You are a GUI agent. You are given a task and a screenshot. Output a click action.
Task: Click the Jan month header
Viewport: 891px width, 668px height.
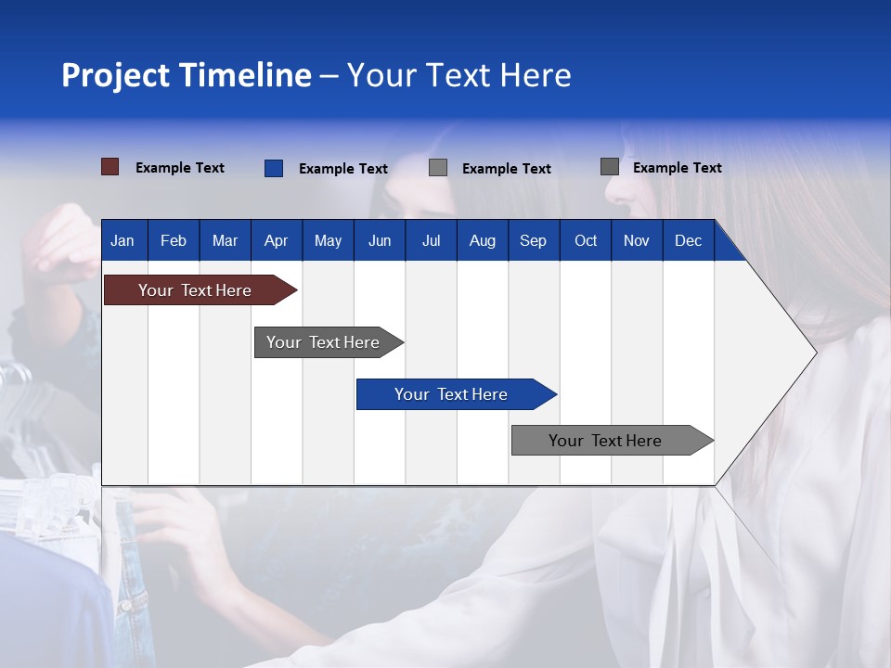[x=123, y=240]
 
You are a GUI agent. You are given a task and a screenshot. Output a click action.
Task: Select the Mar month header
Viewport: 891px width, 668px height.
[x=225, y=240]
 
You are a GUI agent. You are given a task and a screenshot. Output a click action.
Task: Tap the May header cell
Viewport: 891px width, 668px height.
[x=328, y=240]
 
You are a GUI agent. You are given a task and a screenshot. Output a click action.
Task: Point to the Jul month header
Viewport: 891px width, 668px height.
[x=431, y=240]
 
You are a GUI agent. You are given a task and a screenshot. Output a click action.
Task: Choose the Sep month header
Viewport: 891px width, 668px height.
[x=533, y=240]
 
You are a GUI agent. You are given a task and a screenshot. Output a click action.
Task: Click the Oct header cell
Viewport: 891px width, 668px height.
[x=586, y=240]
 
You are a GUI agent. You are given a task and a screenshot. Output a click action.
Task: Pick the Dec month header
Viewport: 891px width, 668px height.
[x=688, y=240]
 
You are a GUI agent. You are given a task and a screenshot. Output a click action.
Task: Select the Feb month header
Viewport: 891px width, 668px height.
[x=174, y=240]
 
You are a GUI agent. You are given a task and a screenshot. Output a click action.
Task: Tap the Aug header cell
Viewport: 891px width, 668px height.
[x=482, y=240]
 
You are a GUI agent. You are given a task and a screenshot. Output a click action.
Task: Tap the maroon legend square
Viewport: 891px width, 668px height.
[x=110, y=167]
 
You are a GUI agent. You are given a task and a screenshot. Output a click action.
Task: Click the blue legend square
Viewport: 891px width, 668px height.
[x=274, y=168]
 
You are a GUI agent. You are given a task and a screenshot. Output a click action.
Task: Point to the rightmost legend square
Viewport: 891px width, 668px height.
[x=610, y=167]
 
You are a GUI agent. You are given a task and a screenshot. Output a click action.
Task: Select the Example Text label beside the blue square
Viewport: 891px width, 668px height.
[x=343, y=169]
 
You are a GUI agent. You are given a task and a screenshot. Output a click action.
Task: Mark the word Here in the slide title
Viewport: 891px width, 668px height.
[x=536, y=75]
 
